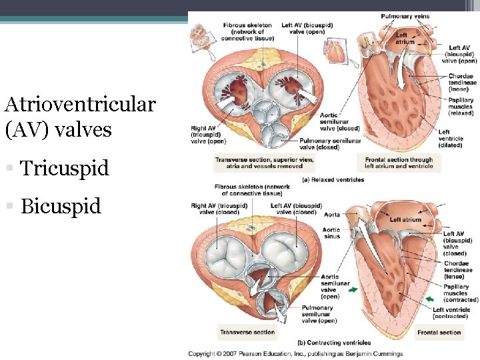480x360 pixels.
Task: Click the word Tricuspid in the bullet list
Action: coord(64,168)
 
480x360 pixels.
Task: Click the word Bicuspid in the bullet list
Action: coord(61,206)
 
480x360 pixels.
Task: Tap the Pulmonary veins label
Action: coord(405,16)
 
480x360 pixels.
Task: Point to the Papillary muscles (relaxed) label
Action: coord(461,107)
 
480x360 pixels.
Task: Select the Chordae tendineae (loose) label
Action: coord(461,82)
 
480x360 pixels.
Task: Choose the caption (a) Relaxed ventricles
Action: coord(333,179)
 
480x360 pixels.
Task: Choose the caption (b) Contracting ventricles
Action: coord(334,343)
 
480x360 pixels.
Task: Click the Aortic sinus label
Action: coord(331,233)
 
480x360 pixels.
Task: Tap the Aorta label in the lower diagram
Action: coord(331,215)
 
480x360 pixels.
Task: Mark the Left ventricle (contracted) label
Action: coord(451,313)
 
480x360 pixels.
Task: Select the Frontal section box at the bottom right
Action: coord(439,332)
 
